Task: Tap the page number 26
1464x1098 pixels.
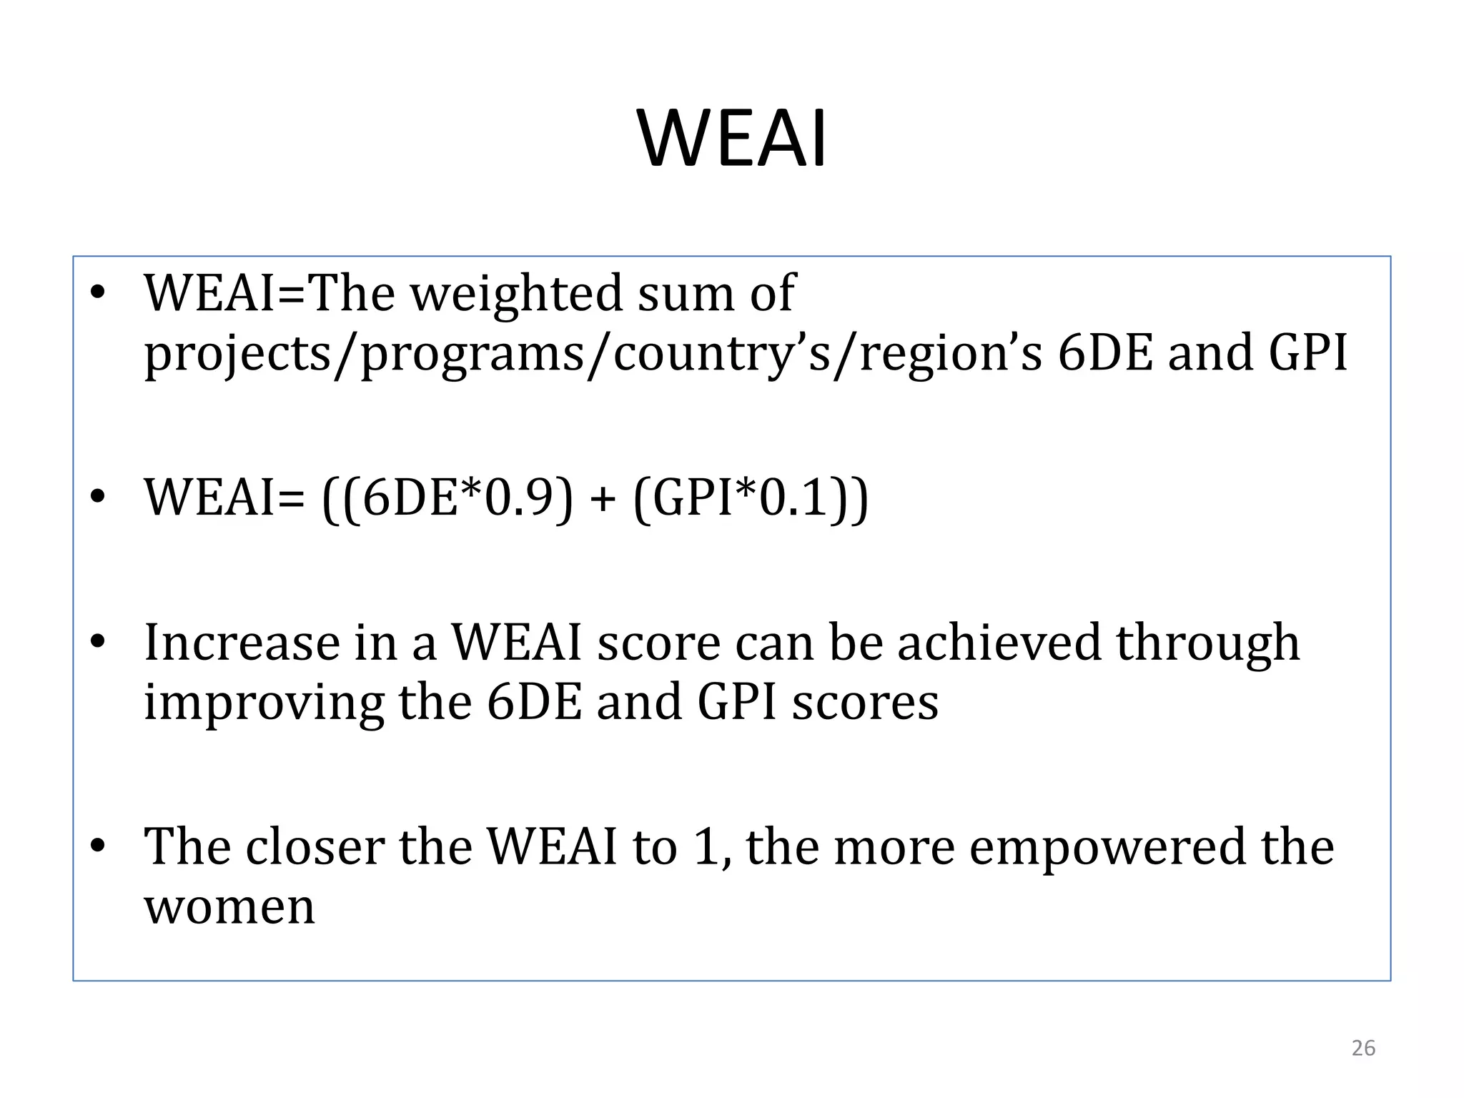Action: coord(1363,1048)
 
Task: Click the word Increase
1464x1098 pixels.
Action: coord(242,642)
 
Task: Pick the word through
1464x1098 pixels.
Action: coord(1208,643)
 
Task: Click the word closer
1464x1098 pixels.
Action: coord(315,846)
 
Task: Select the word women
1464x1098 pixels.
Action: coord(229,908)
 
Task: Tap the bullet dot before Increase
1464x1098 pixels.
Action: coord(98,642)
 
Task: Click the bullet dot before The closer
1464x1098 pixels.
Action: coord(98,846)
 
